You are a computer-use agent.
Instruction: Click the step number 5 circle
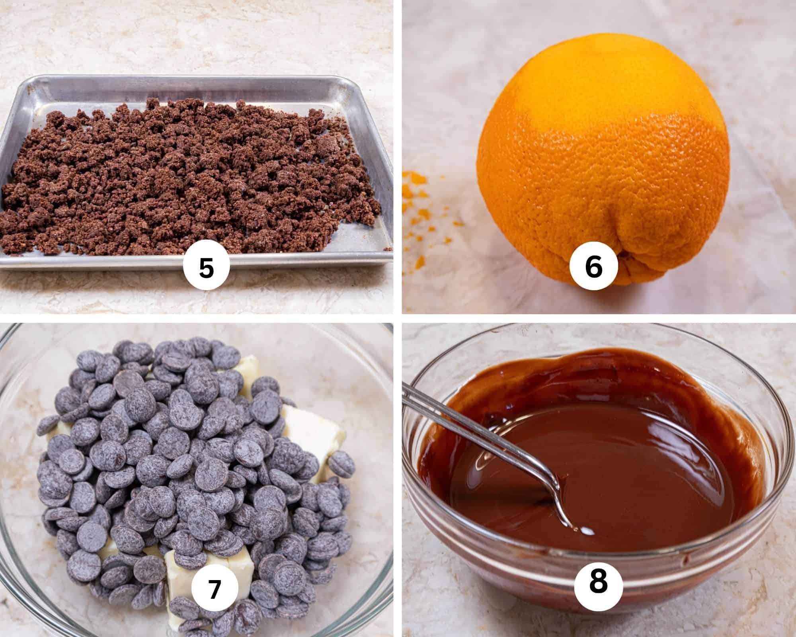(x=206, y=268)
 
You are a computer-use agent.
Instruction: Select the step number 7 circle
(x=215, y=589)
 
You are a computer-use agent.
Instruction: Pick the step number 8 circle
(x=598, y=581)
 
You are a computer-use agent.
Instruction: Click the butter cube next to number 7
(x=179, y=573)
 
